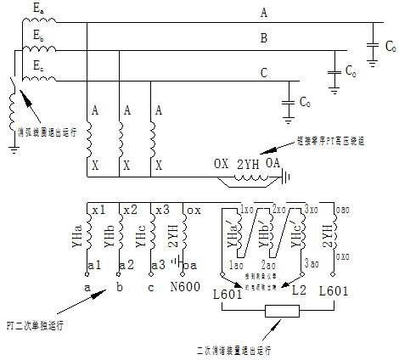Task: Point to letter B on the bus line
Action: pos(263,39)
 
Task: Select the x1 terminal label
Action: pos(99,210)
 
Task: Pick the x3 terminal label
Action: pos(161,210)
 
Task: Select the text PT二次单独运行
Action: pos(35,324)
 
